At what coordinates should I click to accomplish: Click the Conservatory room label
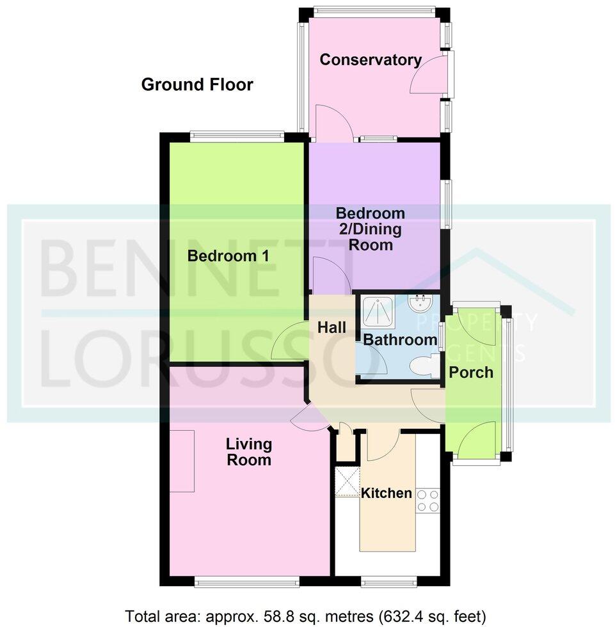point(371,60)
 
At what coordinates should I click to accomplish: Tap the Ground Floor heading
point(197,84)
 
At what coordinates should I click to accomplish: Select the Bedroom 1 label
point(228,256)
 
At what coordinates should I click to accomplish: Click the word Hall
point(331,328)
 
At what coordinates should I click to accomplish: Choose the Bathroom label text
point(399,340)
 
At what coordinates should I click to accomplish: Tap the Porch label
point(470,372)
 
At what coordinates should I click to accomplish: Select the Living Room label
point(249,451)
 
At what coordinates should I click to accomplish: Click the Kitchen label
point(387,493)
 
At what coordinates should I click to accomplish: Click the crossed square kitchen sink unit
point(347,482)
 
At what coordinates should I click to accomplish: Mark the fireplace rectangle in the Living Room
point(182,461)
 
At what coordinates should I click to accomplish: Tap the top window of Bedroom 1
point(237,135)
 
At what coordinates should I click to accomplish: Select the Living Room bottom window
point(246,581)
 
